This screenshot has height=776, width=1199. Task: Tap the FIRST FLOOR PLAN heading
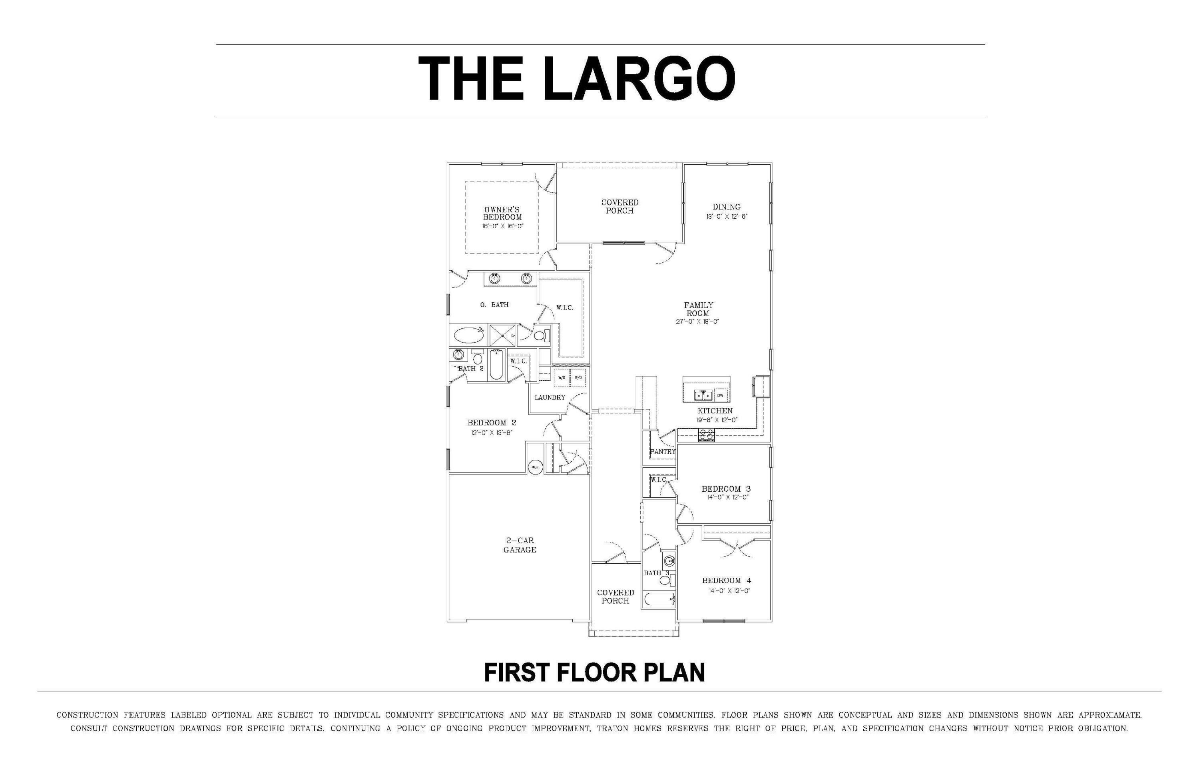594,673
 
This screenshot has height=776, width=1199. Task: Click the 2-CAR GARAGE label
520,545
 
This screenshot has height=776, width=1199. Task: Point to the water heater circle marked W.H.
535,467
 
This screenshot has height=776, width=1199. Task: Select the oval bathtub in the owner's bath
468,335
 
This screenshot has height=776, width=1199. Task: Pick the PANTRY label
663,451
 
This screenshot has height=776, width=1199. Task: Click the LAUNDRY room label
550,397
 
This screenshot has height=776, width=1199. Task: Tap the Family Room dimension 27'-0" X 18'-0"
698,321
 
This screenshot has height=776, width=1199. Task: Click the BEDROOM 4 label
727,581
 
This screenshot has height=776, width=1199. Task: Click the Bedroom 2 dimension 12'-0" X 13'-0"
492,432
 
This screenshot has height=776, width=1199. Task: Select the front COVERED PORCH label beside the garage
615,596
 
